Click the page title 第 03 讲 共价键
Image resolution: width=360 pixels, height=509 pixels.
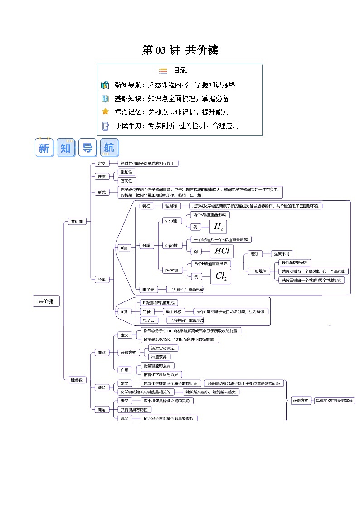pyautogui.click(x=180, y=50)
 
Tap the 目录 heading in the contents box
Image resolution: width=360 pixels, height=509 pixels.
pyautogui.click(x=180, y=70)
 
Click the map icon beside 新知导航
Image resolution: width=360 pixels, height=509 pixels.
pyautogui.click(x=105, y=85)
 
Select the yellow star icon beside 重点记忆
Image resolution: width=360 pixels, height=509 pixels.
pyautogui.click(x=105, y=111)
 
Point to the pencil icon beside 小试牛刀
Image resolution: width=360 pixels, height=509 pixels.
pyautogui.click(x=105, y=126)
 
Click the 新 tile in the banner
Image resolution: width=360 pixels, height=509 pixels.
pyautogui.click(x=44, y=148)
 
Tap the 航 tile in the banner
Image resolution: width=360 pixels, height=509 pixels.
pyautogui.click(x=109, y=148)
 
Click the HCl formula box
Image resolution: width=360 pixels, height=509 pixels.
pyautogui.click(x=221, y=251)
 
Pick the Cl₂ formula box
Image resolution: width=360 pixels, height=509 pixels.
pyautogui.click(x=221, y=276)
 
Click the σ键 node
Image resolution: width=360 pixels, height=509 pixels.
pyautogui.click(x=123, y=248)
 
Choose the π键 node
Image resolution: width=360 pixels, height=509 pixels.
pyautogui.click(x=123, y=311)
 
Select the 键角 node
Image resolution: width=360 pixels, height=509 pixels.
pyautogui.click(x=101, y=409)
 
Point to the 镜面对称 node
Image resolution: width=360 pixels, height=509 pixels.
pyautogui.click(x=173, y=311)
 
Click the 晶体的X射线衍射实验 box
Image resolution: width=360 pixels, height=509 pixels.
pyautogui.click(x=335, y=401)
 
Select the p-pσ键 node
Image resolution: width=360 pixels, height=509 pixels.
pyautogui.click(x=172, y=270)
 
